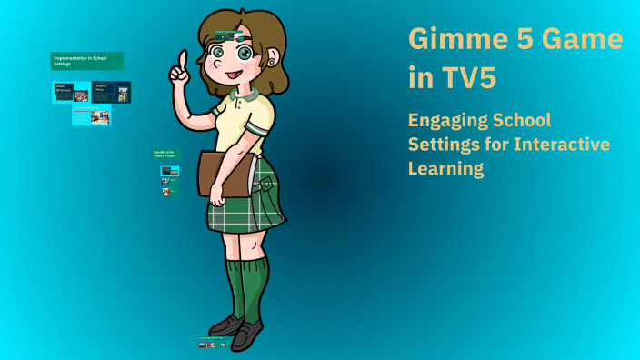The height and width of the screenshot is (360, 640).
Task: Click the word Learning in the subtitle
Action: tap(445, 168)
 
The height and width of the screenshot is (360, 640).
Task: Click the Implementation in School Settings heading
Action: tap(86, 61)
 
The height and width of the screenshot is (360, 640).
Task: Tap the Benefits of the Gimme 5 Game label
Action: tap(165, 155)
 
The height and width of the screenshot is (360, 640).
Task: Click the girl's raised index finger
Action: tap(183, 61)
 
